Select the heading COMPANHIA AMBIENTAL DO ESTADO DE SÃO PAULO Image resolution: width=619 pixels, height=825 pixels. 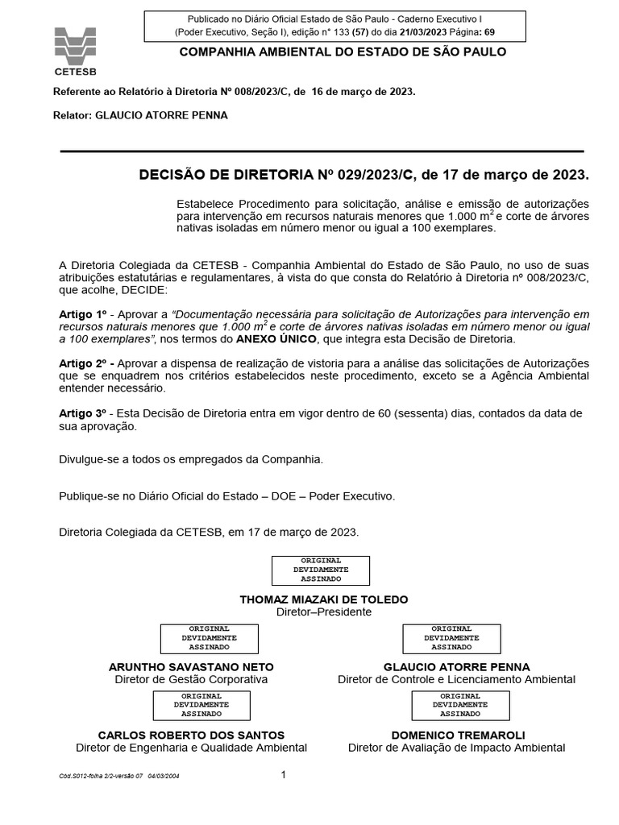pyautogui.click(x=342, y=52)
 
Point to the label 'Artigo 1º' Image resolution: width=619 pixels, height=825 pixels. pyautogui.click(x=83, y=313)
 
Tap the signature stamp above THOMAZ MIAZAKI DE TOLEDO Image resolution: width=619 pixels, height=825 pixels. pyautogui.click(x=320, y=570)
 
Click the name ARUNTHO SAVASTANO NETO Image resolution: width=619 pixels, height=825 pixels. pyautogui.click(x=191, y=667)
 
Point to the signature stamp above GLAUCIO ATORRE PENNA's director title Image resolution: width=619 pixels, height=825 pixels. pyautogui.click(x=448, y=637)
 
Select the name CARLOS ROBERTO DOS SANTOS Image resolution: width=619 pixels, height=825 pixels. pyautogui.click(x=191, y=735)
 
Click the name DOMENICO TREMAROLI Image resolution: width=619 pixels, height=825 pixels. pyautogui.click(x=457, y=735)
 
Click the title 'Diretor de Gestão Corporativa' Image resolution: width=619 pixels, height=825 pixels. pyautogui.click(x=191, y=679)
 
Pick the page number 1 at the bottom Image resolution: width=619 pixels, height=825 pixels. pyautogui.click(x=284, y=775)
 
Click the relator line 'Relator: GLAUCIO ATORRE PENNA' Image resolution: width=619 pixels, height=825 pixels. pyautogui.click(x=140, y=115)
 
